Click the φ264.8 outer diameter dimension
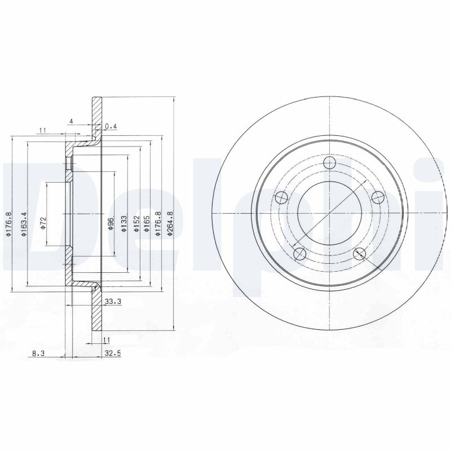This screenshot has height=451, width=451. pos(170,223)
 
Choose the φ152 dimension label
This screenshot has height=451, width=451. pos(136,222)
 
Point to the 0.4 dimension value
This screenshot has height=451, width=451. pos(110,127)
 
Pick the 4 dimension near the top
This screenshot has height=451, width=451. pos(72,121)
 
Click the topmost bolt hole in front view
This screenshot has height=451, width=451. pos(330,163)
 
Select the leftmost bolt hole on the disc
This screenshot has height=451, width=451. pos(281,198)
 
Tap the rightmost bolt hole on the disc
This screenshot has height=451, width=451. pos(377,198)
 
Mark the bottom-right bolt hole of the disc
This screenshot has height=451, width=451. pos(359,254)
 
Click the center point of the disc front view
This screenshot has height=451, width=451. pos(329,214)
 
